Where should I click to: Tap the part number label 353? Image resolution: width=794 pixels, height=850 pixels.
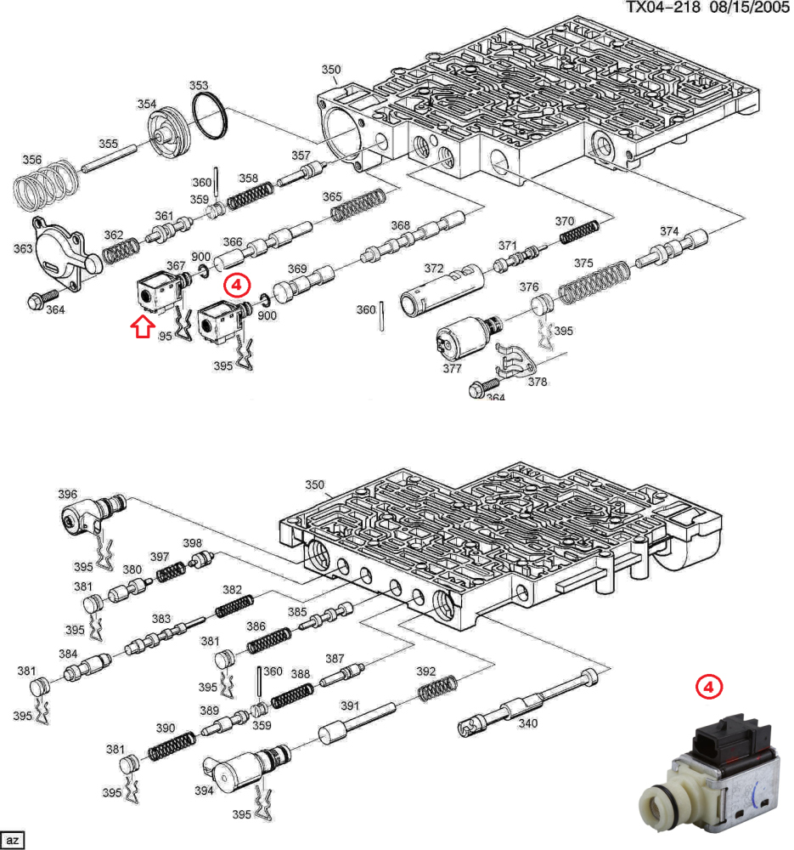(x=198, y=85)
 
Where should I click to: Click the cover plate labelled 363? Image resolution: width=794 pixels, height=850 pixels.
(x=61, y=252)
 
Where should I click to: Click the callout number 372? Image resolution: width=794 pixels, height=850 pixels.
(x=433, y=269)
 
